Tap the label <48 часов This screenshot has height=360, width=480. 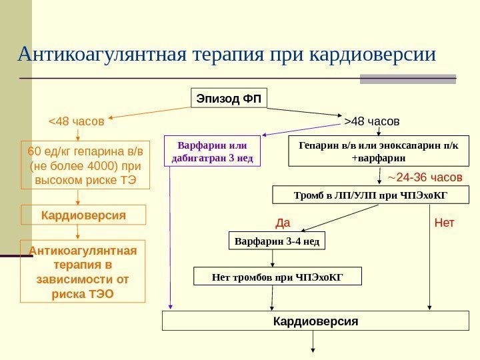pos(77,122)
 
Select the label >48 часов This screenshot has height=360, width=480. pos(372,122)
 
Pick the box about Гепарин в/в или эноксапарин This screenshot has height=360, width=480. pos(378,151)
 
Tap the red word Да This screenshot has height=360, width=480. pos(283,222)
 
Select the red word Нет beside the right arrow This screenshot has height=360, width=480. pos(444,222)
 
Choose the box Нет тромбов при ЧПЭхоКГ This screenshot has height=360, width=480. pos(277,276)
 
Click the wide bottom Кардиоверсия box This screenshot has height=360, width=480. pos(315,321)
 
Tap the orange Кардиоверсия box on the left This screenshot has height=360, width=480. pos(83,215)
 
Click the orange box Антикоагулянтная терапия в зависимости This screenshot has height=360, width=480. pos(83,271)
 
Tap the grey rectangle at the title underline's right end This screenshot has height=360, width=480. pos(407,79)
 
